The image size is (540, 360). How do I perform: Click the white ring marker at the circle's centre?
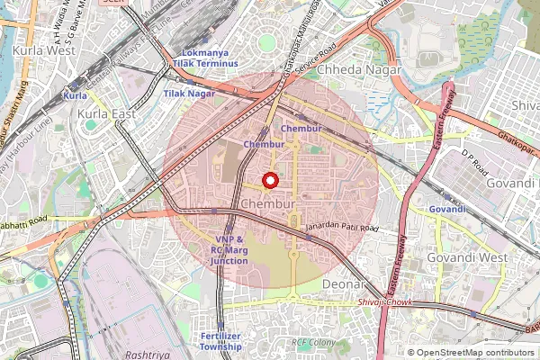pyautogui.click(x=268, y=181)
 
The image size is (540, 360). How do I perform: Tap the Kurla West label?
pyautogui.click(x=43, y=50)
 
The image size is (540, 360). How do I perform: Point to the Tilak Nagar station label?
pyautogui.click(x=189, y=93)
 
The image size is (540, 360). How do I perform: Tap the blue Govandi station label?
pyautogui.click(x=447, y=209)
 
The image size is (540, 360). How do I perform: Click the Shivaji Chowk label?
pyautogui.click(x=385, y=303)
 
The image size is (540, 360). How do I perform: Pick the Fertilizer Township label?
pyautogui.click(x=220, y=341)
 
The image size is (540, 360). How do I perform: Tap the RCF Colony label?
pyautogui.click(x=314, y=343)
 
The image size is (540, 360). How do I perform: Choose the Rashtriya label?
pyautogui.click(x=148, y=355)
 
